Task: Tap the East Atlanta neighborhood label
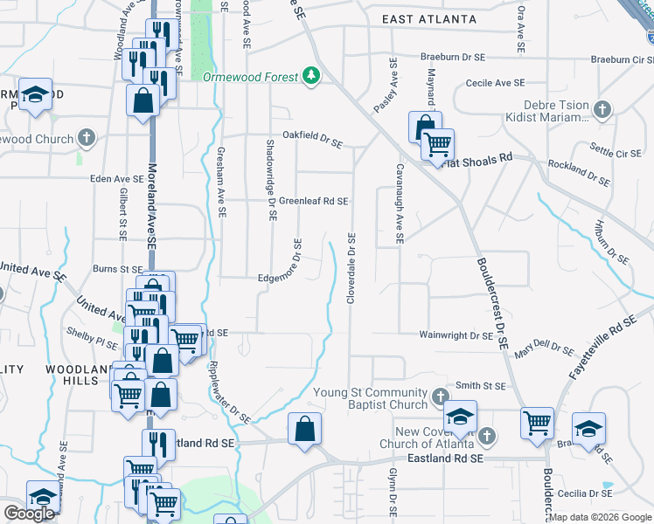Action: click(429, 19)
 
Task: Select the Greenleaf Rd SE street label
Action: click(313, 201)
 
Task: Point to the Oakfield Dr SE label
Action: click(311, 136)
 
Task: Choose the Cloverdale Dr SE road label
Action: click(351, 268)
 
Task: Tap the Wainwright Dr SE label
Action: click(456, 334)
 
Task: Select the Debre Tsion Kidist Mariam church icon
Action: click(602, 110)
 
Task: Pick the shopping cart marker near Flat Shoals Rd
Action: click(437, 144)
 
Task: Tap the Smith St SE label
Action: click(481, 385)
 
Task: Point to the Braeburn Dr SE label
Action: click(452, 57)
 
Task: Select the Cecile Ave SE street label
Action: click(495, 82)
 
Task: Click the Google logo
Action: click(29, 514)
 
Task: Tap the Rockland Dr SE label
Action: click(578, 172)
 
